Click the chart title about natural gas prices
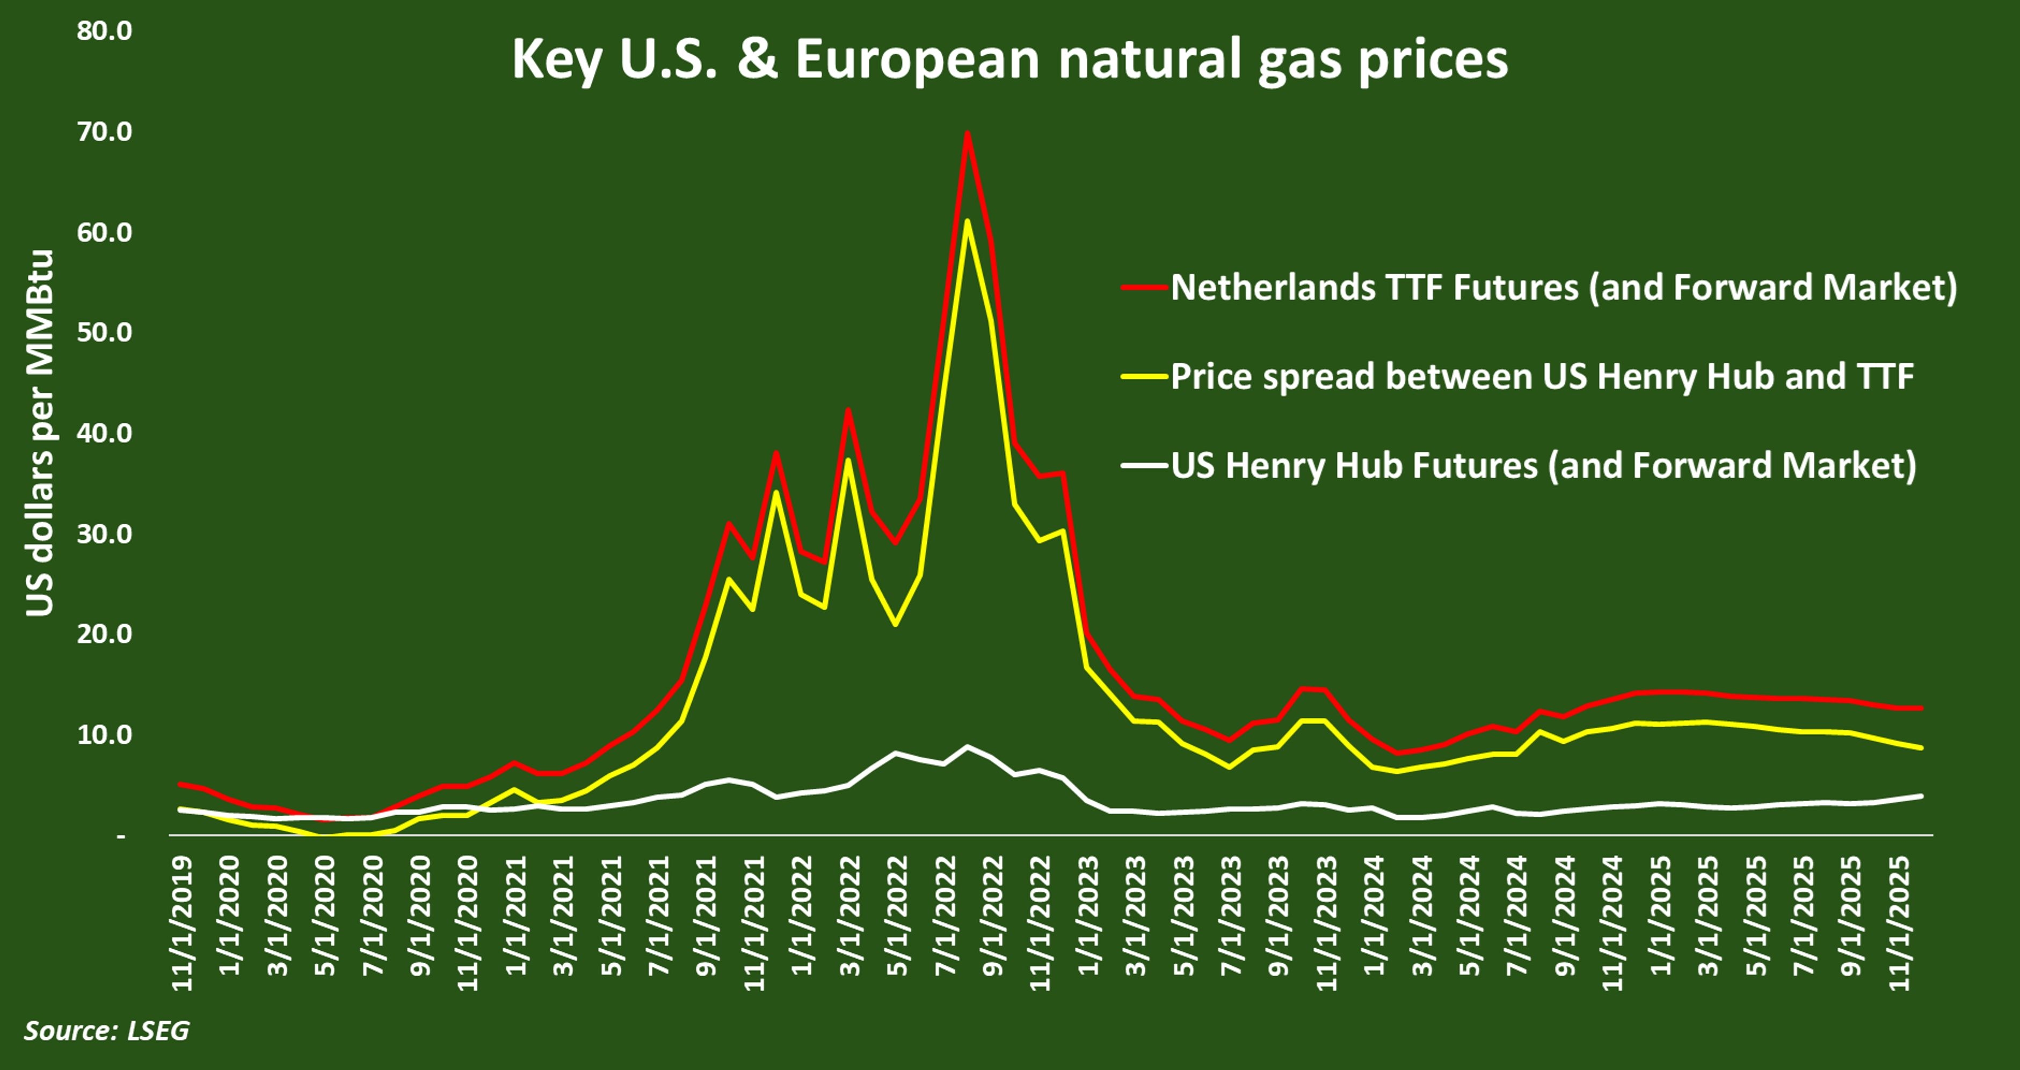click(x=1010, y=59)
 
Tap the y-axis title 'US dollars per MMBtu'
click(x=39, y=433)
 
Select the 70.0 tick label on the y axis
click(x=104, y=131)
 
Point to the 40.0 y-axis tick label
click(x=104, y=433)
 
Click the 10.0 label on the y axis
click(x=104, y=735)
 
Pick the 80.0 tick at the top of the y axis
click(x=104, y=31)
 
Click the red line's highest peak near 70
click(x=967, y=133)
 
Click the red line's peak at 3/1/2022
click(x=848, y=410)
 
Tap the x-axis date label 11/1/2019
click(x=182, y=924)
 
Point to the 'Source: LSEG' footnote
click(x=107, y=1030)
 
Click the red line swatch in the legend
click(x=1145, y=288)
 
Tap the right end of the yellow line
click(x=1921, y=748)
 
